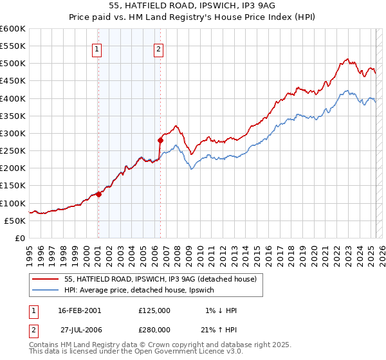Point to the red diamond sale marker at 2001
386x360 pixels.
click(98, 194)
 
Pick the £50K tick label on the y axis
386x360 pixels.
click(15, 221)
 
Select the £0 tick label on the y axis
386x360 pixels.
click(20, 238)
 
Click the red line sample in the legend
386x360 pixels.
click(46, 279)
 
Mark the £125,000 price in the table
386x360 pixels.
click(154, 310)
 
